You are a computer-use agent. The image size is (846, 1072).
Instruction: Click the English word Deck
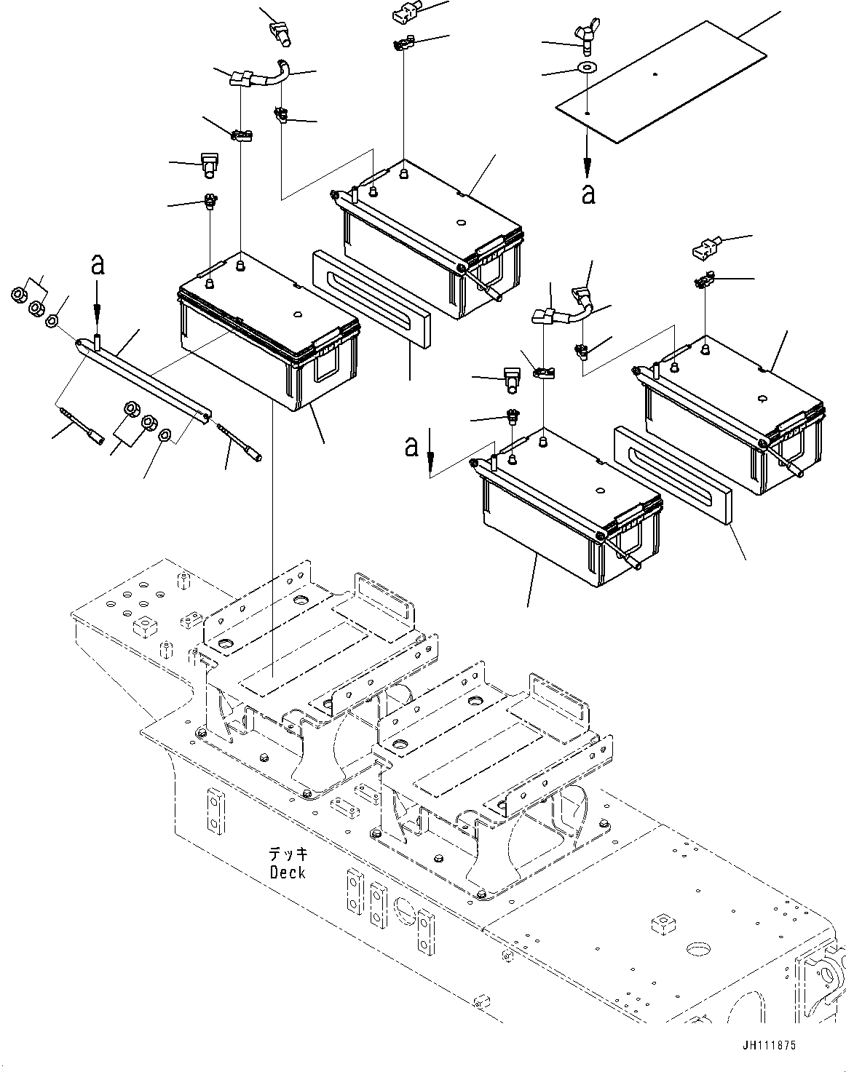click(x=287, y=871)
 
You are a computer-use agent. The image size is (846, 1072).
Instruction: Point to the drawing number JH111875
click(x=769, y=1044)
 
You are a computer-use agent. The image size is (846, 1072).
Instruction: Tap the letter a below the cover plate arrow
click(x=588, y=193)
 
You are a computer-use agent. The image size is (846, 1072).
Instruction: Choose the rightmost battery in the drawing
click(x=732, y=415)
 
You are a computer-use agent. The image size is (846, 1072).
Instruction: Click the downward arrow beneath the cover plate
click(x=587, y=157)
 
